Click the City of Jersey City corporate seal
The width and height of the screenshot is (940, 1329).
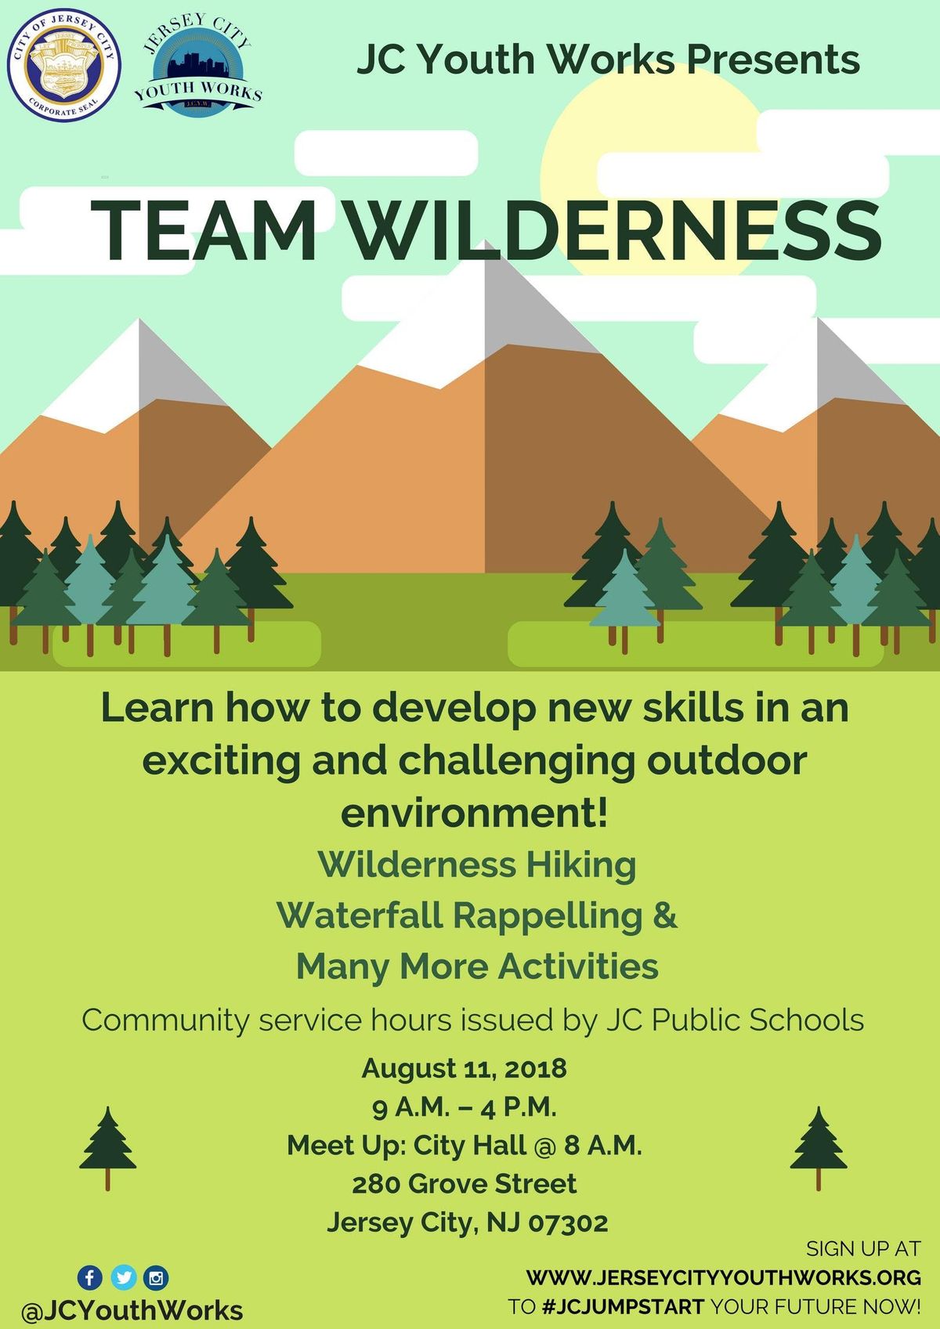[x=64, y=65]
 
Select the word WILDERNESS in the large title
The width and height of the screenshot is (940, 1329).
[x=613, y=230]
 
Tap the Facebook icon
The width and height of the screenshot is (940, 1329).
[x=90, y=1277]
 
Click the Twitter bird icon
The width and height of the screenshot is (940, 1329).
[x=124, y=1277]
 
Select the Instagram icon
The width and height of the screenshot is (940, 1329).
[x=156, y=1277]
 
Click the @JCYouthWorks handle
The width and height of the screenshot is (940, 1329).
[x=132, y=1311]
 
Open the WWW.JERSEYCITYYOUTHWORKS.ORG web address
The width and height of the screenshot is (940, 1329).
[x=724, y=1277]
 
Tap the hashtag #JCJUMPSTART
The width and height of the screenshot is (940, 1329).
[x=623, y=1306]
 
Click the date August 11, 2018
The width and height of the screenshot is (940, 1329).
[x=464, y=1068]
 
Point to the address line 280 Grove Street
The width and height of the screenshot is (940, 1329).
[x=464, y=1183]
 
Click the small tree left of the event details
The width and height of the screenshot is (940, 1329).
[x=107, y=1148]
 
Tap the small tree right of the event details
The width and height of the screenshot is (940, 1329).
[x=819, y=1148]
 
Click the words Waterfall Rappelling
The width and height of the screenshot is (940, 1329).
[x=460, y=915]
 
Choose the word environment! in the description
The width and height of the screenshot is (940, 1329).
[x=474, y=813]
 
